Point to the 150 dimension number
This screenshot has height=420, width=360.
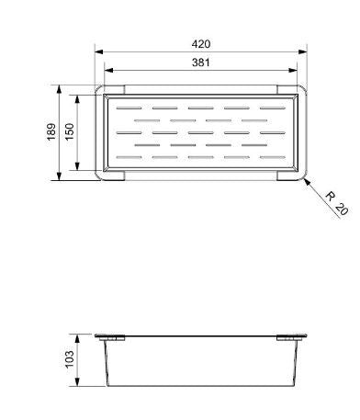point(70,133)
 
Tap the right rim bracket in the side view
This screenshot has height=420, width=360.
point(292,338)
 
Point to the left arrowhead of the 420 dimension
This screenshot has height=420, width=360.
point(97,51)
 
